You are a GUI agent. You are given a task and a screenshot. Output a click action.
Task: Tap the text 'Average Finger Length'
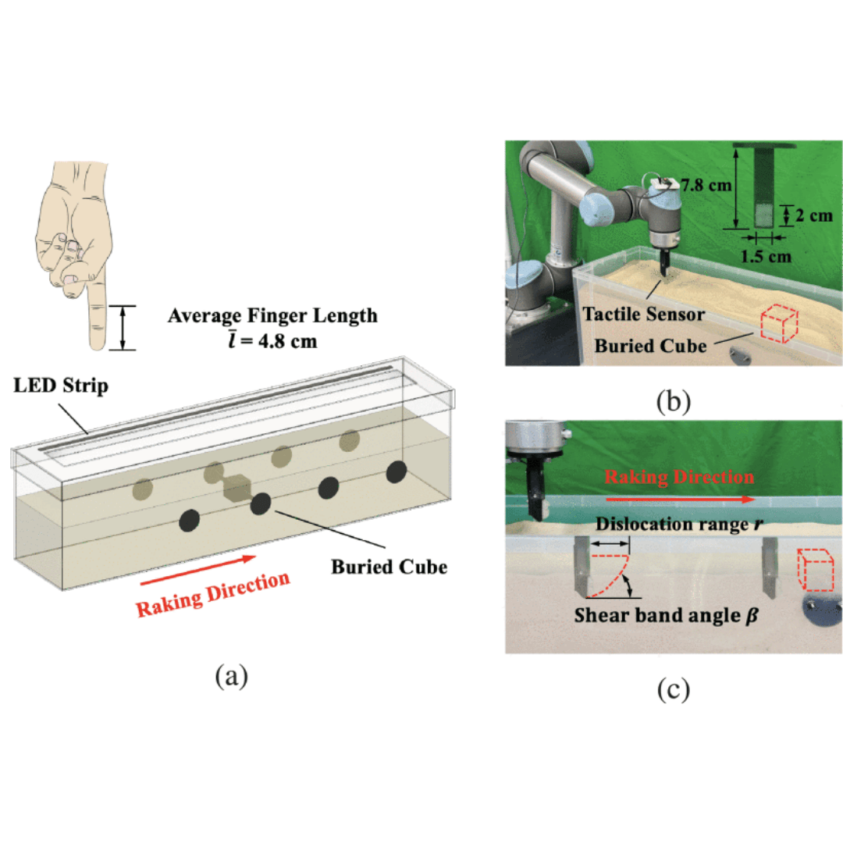tap(272, 316)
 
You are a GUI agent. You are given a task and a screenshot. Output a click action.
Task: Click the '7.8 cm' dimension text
tap(704, 186)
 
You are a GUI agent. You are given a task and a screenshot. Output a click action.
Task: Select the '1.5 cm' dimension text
tap(768, 254)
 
